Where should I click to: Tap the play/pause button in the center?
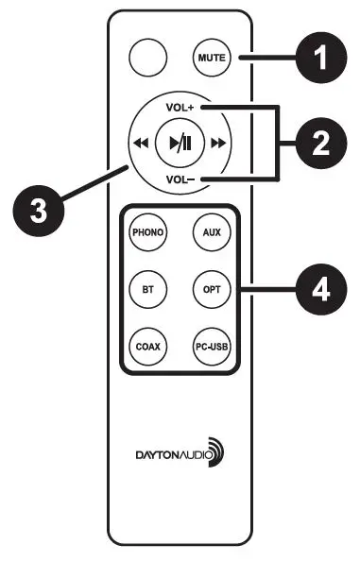(x=179, y=144)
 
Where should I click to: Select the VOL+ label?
(x=179, y=108)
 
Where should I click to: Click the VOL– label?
(x=179, y=179)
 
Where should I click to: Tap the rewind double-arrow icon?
(x=139, y=144)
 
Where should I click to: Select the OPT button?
(x=211, y=285)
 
